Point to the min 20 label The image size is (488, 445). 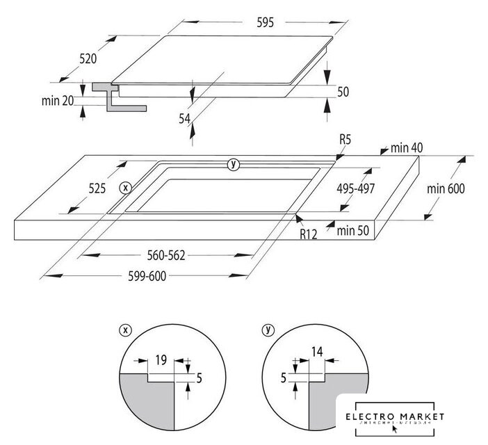pos(58,101)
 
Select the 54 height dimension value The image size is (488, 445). pos(184,119)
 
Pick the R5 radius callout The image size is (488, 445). pos(345,140)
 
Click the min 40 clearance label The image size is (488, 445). pos(407,147)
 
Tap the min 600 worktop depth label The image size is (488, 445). pos(446,188)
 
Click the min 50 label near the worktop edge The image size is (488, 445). pos(354,229)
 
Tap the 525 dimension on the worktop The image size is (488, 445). pos(97,188)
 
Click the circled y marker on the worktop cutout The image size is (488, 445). pos(233,164)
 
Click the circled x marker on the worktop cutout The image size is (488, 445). pos(125,188)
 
